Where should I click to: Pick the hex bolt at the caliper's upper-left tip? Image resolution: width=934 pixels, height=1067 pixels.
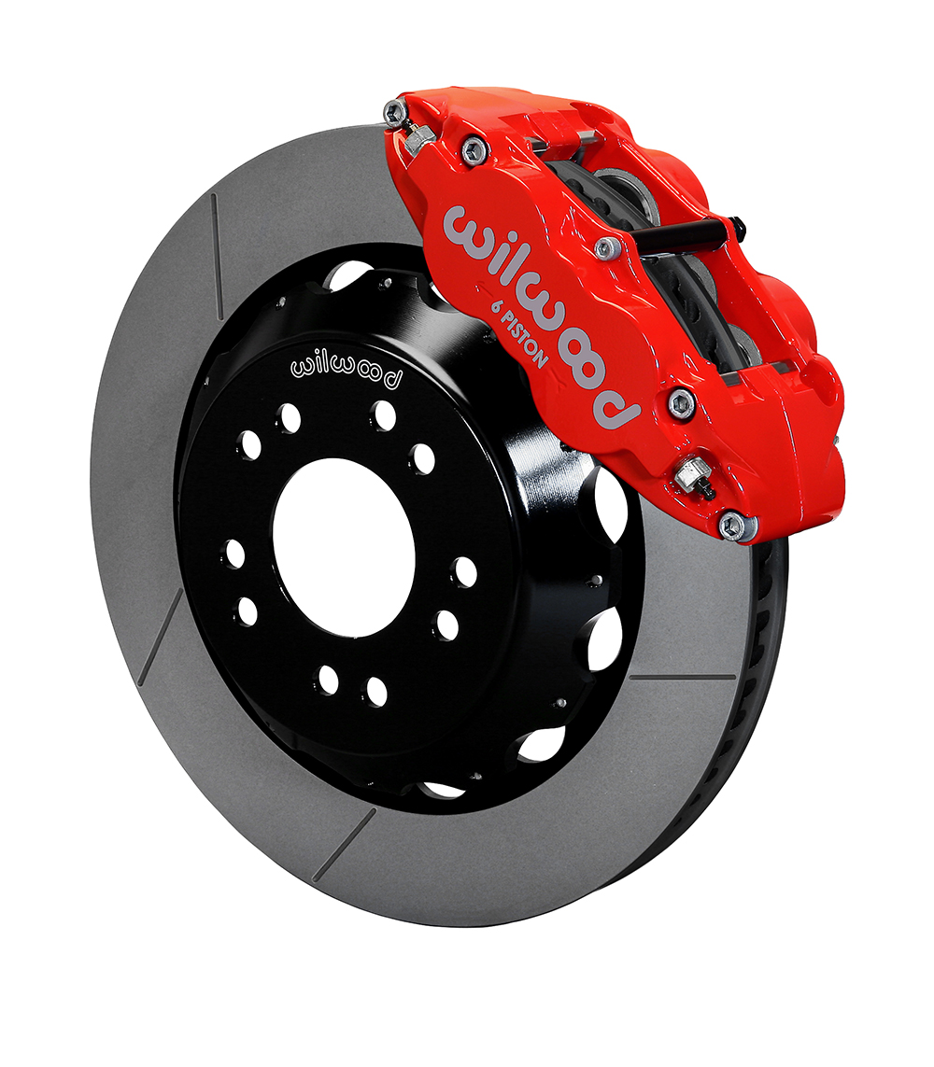point(395,112)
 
